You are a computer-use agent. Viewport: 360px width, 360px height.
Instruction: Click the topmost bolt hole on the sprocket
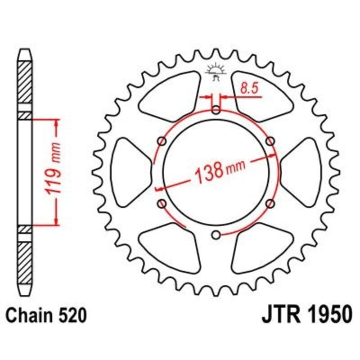[216, 110]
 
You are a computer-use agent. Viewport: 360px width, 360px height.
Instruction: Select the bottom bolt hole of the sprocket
[216, 234]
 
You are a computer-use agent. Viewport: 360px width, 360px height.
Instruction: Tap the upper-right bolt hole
[270, 141]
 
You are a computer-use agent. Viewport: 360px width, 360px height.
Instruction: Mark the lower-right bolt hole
[270, 204]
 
